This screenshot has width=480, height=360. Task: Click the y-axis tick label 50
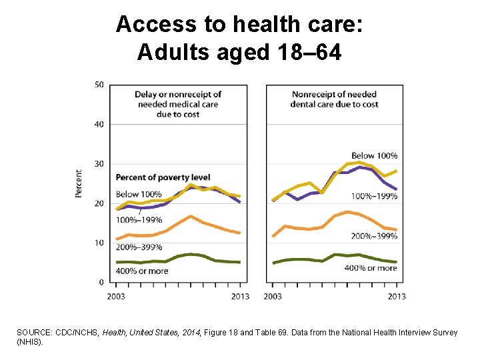(x=99, y=84)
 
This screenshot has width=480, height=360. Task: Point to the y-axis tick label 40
(x=99, y=124)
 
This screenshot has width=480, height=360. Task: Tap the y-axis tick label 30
(x=99, y=164)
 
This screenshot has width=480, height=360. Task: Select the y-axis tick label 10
(x=99, y=243)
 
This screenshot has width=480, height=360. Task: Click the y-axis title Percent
(x=79, y=183)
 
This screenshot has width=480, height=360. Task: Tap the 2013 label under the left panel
(x=240, y=296)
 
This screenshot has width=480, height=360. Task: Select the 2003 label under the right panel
(x=273, y=296)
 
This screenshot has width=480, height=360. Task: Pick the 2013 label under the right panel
(x=396, y=296)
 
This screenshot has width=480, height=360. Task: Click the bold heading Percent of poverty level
(x=163, y=177)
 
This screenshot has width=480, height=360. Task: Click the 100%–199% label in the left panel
(x=139, y=219)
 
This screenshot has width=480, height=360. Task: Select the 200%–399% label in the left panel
(x=139, y=247)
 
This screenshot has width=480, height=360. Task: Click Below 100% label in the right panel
(x=375, y=156)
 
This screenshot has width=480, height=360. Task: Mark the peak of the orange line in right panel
(x=347, y=212)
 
